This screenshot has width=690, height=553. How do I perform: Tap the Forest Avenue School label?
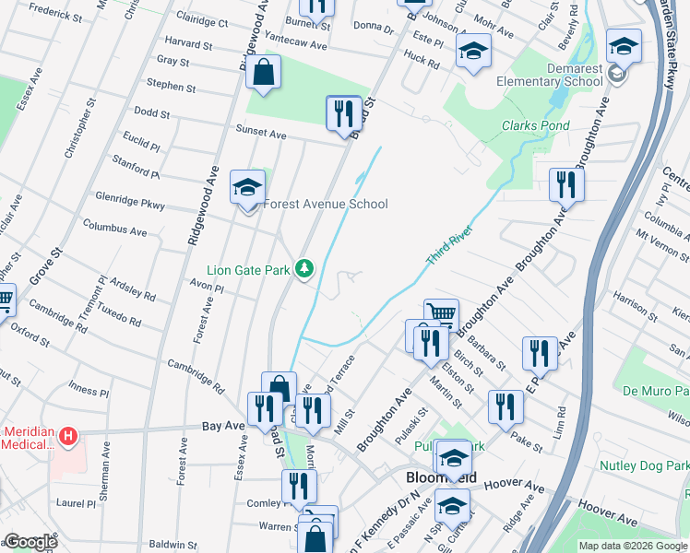327,204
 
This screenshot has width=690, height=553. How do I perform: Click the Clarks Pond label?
535,125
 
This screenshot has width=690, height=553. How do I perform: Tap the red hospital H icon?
67,435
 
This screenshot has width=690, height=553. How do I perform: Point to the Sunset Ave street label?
261,133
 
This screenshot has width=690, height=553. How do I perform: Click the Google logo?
30,542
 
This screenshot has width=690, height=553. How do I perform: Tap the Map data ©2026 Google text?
632,546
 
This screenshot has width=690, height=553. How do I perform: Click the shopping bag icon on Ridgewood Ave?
263,73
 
